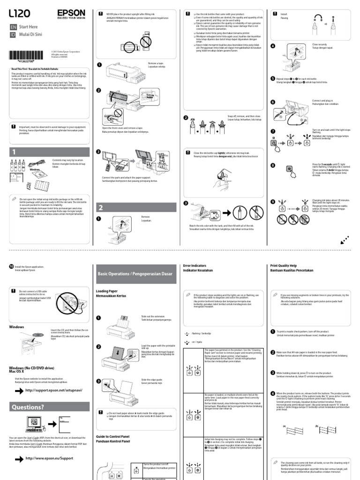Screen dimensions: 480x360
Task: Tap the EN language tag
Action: point(13,28)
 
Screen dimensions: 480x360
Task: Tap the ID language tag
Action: point(13,35)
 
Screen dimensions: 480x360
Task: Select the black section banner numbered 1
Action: point(47,152)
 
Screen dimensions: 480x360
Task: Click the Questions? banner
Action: point(47,406)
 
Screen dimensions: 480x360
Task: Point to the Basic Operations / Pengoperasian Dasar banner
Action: point(135,273)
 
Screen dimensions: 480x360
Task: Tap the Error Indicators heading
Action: point(195,266)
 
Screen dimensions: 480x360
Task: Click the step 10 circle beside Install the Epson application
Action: point(12,266)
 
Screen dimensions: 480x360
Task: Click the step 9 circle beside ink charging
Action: point(273,202)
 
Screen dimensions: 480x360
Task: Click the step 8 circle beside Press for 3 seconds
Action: point(273,165)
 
